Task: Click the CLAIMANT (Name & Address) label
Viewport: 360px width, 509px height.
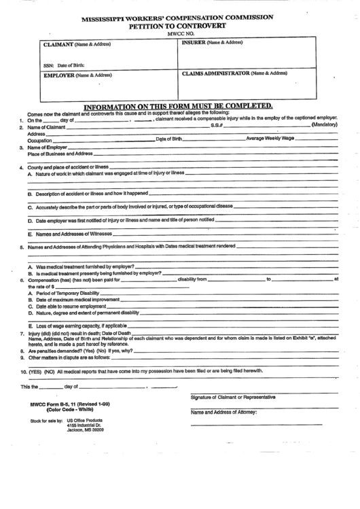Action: point(77,44)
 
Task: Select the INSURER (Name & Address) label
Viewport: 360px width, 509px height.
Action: point(212,42)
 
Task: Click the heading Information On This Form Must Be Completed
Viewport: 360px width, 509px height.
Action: point(178,106)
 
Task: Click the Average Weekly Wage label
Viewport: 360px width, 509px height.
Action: point(270,139)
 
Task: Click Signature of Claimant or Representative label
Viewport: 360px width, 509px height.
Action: point(233,397)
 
